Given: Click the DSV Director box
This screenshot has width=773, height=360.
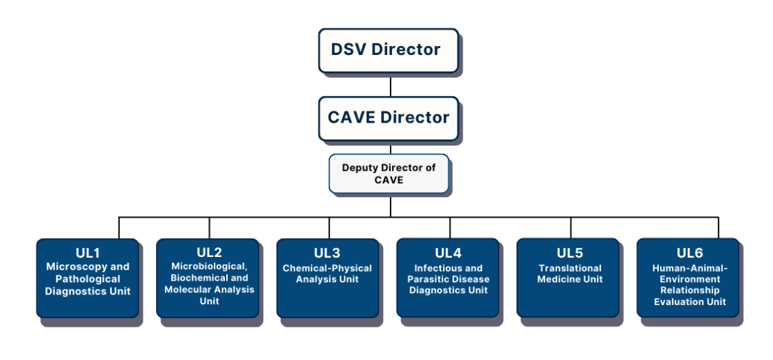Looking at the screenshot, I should click(x=388, y=50).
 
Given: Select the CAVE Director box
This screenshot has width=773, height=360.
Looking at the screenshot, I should click(x=389, y=118).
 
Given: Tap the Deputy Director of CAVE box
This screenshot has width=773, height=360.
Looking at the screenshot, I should click(x=389, y=173).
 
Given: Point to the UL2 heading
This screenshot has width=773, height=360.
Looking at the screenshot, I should click(x=209, y=252).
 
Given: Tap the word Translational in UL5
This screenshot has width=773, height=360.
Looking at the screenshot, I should click(x=570, y=269).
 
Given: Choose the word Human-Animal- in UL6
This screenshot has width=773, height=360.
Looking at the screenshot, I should click(x=689, y=267).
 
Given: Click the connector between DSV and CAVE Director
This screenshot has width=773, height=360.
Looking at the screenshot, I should click(x=390, y=85).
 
